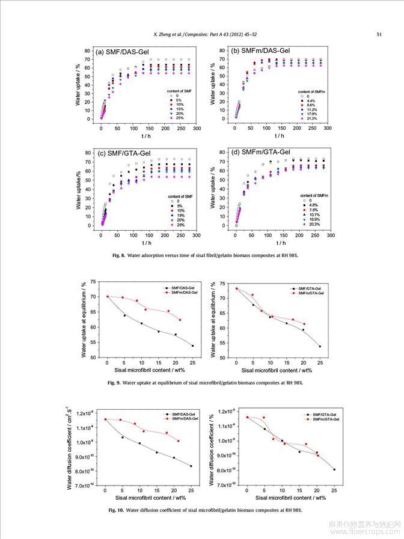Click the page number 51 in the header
379,34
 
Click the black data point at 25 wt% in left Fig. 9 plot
192,346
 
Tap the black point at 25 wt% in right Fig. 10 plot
334,469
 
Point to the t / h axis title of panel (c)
147,243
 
